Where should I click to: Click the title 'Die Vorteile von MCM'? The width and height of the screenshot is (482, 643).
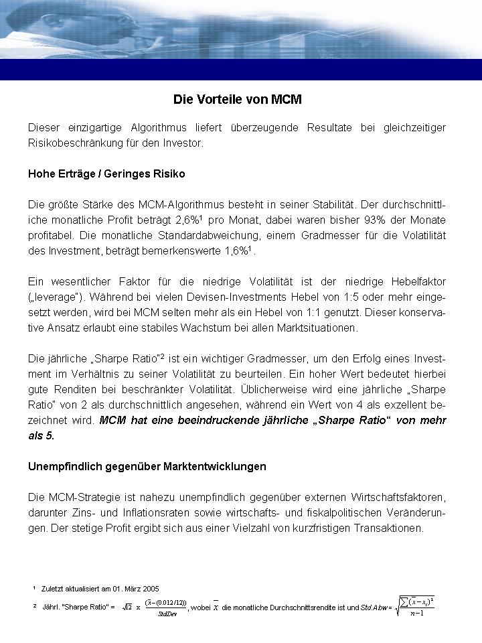(238, 100)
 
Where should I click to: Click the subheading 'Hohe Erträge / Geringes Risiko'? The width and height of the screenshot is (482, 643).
(106, 173)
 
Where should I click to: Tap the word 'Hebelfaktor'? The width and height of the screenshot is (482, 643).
(418, 281)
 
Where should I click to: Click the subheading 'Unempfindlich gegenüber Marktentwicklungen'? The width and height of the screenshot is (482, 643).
(147, 466)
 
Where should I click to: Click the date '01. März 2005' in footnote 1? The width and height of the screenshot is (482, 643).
(137, 589)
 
